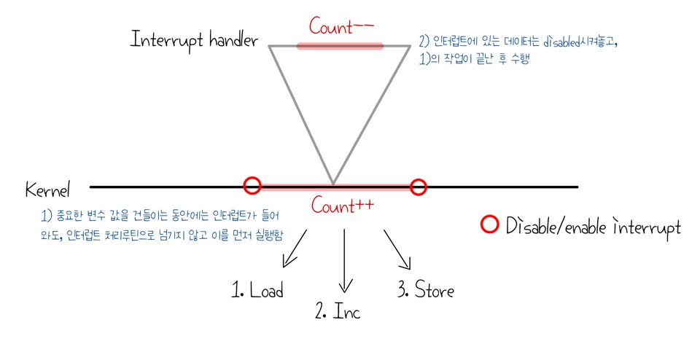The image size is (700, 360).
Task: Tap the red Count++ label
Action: (342, 206)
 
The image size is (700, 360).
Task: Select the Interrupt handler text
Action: (194, 39)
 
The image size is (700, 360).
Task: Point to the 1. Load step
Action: (257, 291)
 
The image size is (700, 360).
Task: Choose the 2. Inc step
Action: (338, 313)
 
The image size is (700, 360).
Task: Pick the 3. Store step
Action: (426, 291)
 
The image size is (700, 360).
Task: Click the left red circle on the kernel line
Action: (252, 186)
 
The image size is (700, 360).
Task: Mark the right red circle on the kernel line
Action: (418, 187)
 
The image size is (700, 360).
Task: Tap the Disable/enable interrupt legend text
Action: (593, 227)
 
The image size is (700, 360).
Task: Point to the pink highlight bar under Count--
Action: (340, 46)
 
